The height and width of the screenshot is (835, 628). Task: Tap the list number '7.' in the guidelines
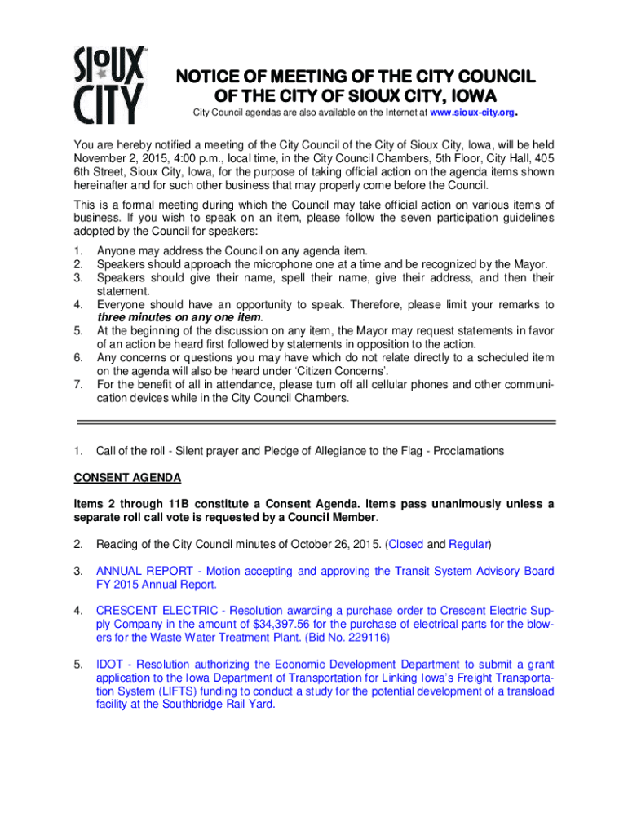click(x=77, y=385)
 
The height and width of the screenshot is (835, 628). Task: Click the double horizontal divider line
click(x=316, y=422)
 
